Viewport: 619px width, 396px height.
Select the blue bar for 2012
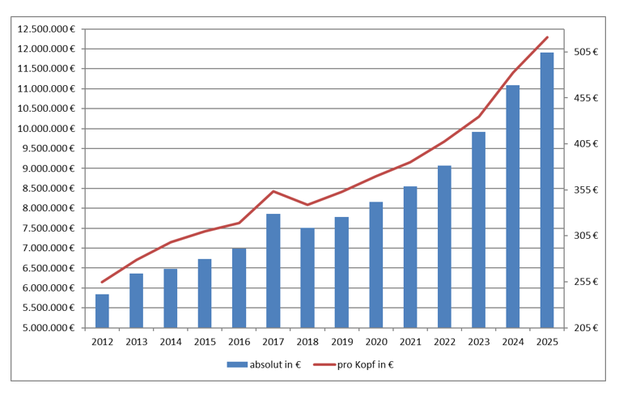(x=102, y=311)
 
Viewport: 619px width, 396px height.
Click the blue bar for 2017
(x=273, y=271)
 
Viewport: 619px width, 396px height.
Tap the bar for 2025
(x=547, y=190)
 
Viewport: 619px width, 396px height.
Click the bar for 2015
(x=205, y=293)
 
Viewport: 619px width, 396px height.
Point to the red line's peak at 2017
(x=273, y=191)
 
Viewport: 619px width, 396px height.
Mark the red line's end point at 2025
(x=548, y=37)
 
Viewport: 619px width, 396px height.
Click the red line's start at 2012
(x=102, y=282)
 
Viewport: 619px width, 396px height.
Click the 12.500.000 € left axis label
(x=47, y=29)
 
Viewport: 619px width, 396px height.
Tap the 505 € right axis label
(x=585, y=52)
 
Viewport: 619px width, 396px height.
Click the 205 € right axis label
(x=585, y=328)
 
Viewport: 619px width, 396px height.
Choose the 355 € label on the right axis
(x=585, y=190)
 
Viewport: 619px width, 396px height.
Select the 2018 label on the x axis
(x=307, y=342)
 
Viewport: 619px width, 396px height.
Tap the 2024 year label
(x=513, y=342)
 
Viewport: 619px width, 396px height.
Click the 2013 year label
(x=136, y=342)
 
